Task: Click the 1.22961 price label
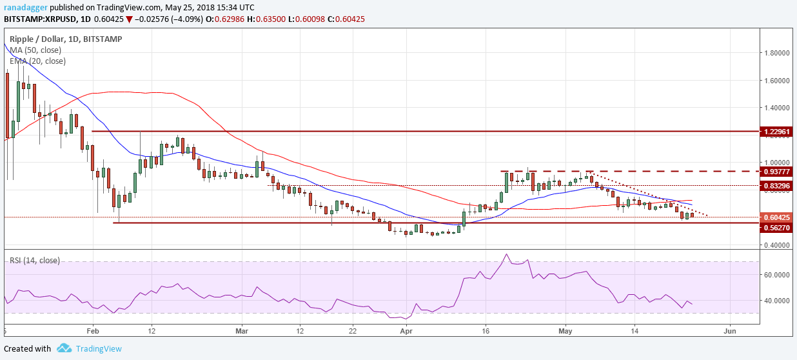776,132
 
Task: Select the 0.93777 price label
776,172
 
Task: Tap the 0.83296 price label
776,186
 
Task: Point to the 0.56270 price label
776,228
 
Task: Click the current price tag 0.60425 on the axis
776,217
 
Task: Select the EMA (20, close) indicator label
37,61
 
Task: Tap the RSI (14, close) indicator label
35,261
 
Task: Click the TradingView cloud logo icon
64,348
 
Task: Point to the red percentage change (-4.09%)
168,19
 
